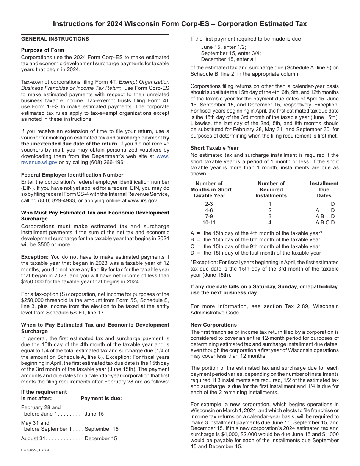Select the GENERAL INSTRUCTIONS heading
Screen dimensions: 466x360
click(55, 39)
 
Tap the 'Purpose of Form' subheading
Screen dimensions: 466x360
click(42, 50)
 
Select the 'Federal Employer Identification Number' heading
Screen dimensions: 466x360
click(72, 175)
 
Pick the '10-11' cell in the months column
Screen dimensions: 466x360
click(209, 222)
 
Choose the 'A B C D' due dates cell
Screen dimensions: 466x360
click(325, 222)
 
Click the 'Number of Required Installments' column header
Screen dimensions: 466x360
click(271, 189)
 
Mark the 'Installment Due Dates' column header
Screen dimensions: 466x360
click(324, 189)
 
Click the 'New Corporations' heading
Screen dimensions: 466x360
click(213, 325)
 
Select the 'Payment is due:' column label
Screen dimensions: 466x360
click(101, 398)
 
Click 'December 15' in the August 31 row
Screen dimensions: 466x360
click(101, 438)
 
